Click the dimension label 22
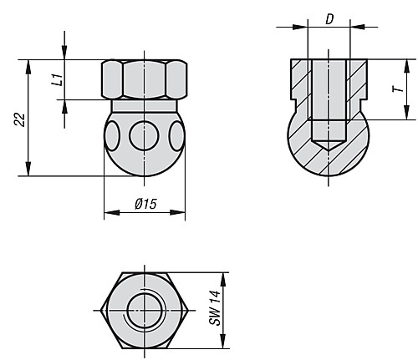[19, 119]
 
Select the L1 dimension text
[56, 80]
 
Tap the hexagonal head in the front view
[145, 79]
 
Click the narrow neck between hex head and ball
[145, 106]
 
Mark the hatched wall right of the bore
[357, 88]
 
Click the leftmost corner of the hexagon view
[101, 310]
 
